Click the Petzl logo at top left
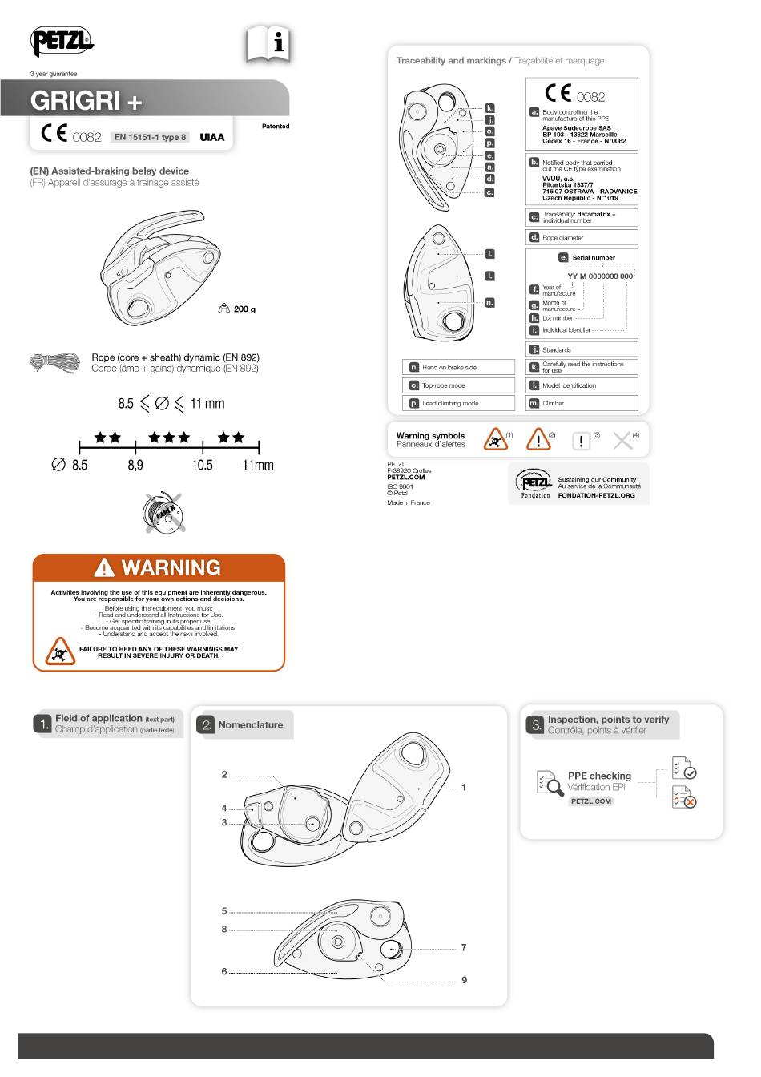click(62, 41)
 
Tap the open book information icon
click(268, 44)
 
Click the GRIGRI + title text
click(87, 101)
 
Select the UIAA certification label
click(212, 137)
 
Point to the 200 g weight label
click(244, 309)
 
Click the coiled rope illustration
click(55, 363)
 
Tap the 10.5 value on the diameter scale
click(202, 465)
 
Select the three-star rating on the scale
click(169, 438)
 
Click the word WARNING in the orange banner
click(171, 567)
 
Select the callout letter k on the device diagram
click(490, 107)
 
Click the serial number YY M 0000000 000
click(600, 276)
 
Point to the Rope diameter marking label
click(562, 238)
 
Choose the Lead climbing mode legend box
click(458, 403)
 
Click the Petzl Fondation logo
click(535, 484)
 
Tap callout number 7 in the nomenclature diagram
click(464, 948)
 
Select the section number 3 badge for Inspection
click(534, 725)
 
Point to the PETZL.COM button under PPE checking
click(591, 801)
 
